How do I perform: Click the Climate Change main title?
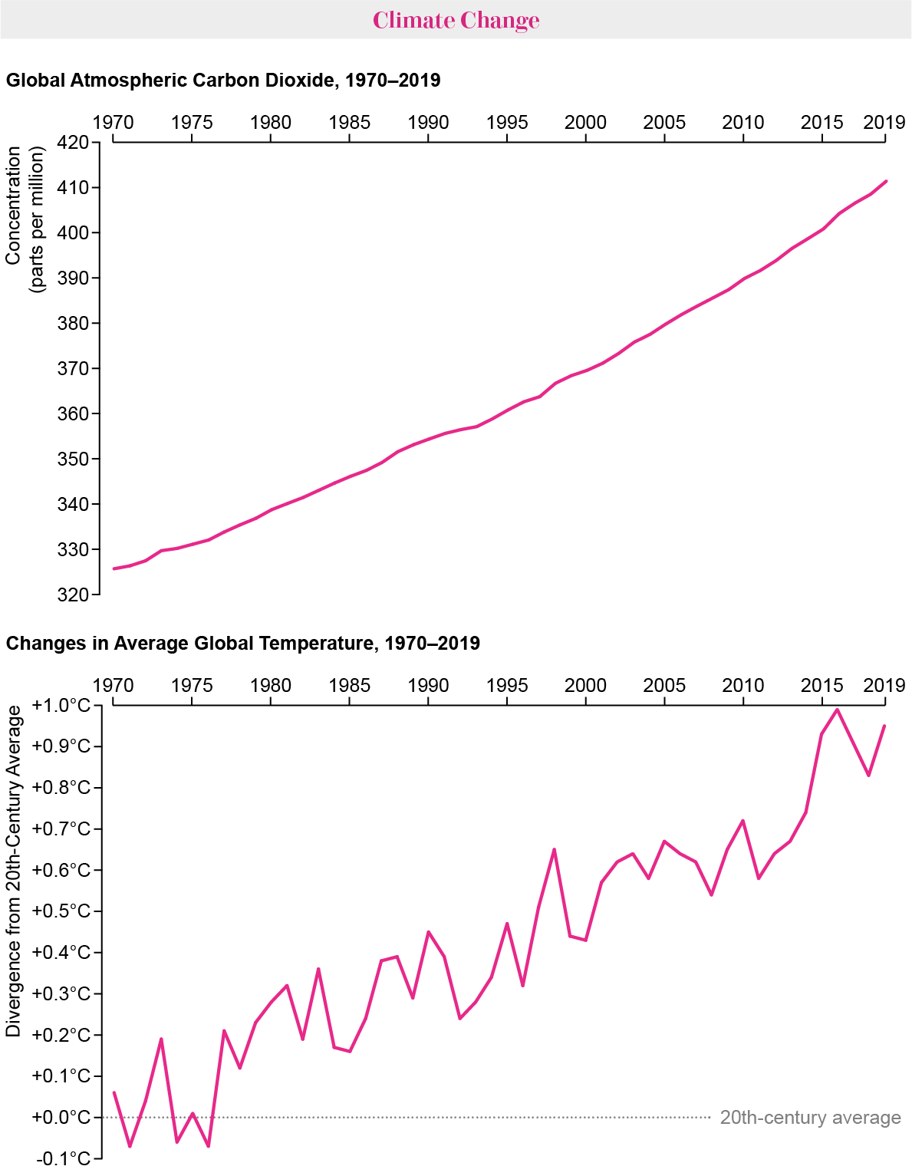coord(456,20)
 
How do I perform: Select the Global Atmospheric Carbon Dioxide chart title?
coord(223,81)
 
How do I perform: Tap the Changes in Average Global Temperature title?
coord(243,643)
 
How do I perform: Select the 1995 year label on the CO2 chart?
coord(507,123)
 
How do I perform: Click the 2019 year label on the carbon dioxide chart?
coord(884,123)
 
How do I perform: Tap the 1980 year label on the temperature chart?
coord(270,685)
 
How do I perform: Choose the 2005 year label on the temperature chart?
coord(664,685)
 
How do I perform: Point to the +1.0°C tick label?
coord(61,706)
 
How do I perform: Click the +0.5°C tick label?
coord(61,911)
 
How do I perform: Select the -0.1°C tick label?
coord(63,1158)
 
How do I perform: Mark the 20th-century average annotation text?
coord(810,1118)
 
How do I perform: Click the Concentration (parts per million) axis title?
coord(25,220)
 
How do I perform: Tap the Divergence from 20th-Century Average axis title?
coord(14,871)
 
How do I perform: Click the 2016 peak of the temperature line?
coord(837,709)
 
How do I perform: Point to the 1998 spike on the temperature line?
coord(554,849)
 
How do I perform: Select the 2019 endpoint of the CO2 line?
coord(885,182)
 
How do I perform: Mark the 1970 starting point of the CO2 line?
coord(114,568)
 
